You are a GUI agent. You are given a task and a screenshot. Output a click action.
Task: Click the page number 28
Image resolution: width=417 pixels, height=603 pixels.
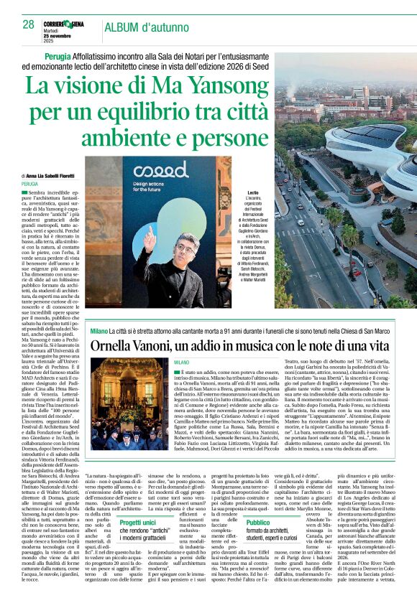(x=28, y=24)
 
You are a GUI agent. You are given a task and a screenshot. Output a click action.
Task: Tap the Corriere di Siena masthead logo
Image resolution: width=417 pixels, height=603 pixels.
(x=68, y=24)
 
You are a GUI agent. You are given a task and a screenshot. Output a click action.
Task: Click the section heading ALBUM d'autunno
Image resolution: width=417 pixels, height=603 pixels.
(x=145, y=27)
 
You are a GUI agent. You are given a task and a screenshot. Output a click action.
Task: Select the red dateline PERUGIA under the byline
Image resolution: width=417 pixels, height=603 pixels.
(x=30, y=184)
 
